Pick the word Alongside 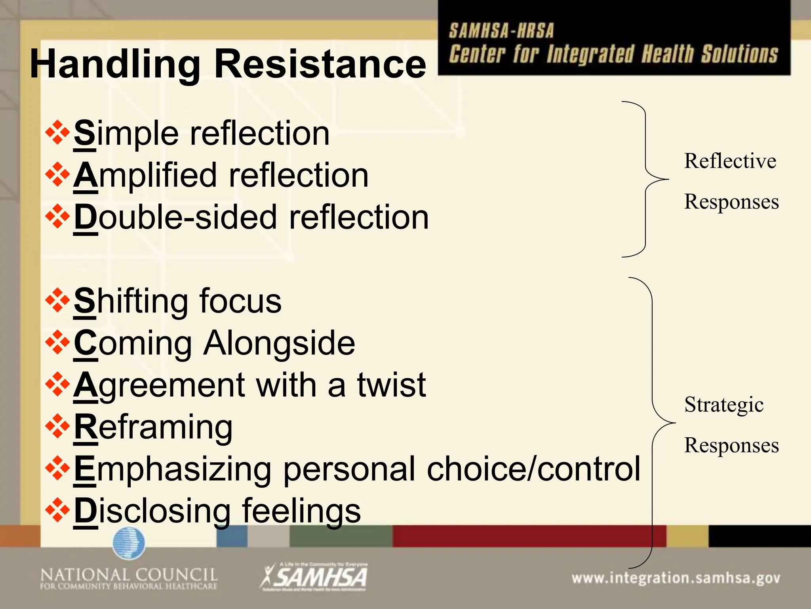279,343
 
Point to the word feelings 301,511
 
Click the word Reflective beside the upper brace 730,161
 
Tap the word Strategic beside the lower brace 724,405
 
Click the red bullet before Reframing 57,426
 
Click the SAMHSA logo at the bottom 314,577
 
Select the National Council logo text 129,578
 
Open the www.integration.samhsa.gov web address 676,578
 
